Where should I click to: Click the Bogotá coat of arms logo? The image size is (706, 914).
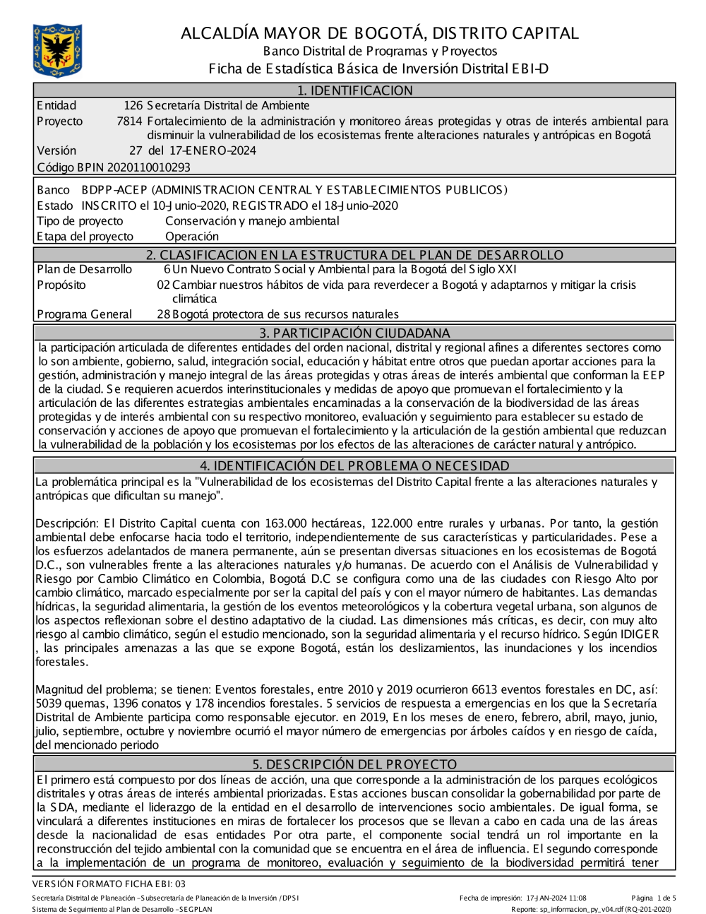coord(57,50)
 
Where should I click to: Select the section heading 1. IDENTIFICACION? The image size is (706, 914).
coord(354,90)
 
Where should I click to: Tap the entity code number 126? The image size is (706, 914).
coord(133,106)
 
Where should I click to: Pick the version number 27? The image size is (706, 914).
coord(136,150)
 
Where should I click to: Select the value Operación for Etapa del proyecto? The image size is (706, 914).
coord(192,237)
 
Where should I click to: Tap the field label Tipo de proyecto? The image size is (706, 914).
coord(80,221)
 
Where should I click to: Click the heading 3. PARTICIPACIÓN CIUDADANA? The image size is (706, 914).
coord(354,333)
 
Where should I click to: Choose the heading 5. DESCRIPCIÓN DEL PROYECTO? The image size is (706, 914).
coord(354,764)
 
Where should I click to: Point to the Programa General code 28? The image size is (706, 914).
coord(163,314)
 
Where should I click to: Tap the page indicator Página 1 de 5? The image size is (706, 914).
coord(654,898)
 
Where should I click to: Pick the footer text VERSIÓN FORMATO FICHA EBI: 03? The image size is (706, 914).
coord(109,884)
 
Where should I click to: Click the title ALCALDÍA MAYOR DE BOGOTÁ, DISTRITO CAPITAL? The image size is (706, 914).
coord(380,33)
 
